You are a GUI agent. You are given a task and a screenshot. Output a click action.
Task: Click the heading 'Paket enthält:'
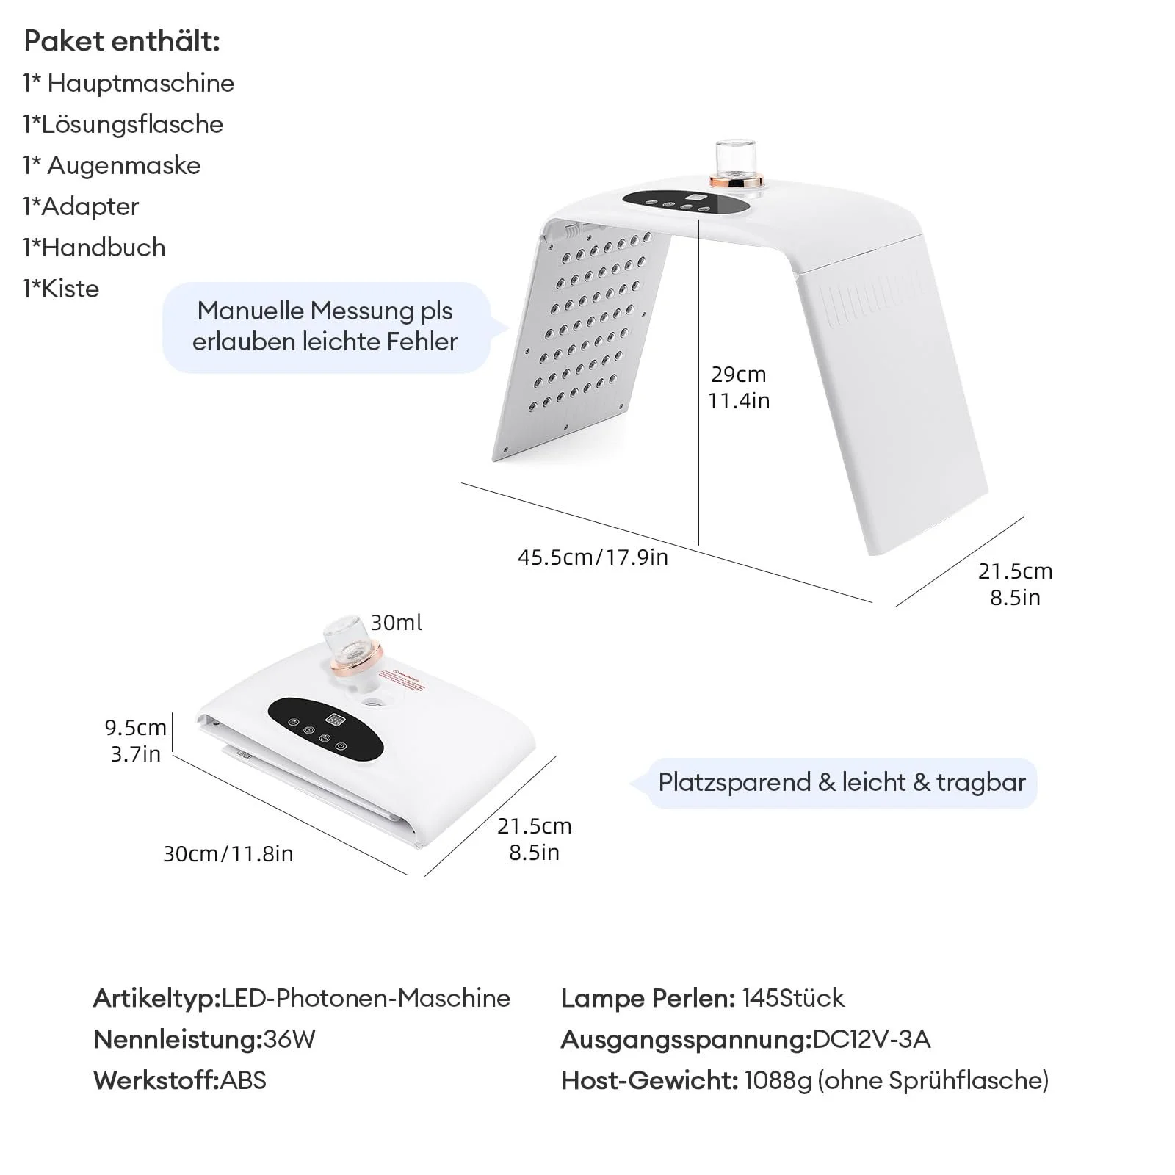122,41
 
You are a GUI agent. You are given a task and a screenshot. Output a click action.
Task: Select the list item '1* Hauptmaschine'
129,83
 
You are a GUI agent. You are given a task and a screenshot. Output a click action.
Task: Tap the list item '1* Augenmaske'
112,165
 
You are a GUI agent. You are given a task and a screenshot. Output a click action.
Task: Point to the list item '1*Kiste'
61,289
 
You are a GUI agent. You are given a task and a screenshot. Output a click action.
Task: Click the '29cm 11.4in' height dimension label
739,387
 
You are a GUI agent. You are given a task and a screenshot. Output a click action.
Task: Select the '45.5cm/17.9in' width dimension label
593,557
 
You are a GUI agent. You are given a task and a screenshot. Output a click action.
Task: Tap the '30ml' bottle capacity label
396,623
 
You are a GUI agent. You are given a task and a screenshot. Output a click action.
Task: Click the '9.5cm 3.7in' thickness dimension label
136,740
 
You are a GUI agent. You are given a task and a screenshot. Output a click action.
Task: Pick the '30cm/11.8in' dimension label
228,853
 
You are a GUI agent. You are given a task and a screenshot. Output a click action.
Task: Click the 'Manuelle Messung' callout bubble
325,326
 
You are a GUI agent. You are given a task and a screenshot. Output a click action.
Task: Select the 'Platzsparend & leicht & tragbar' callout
842,782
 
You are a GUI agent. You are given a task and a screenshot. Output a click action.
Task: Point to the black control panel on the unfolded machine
687,203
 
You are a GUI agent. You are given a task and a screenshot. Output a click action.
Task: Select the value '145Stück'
793,998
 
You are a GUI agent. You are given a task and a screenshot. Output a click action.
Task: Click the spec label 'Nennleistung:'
177,1039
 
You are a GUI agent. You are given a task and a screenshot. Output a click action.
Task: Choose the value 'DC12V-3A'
872,1039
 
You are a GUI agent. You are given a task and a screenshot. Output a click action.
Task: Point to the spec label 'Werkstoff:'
156,1080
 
